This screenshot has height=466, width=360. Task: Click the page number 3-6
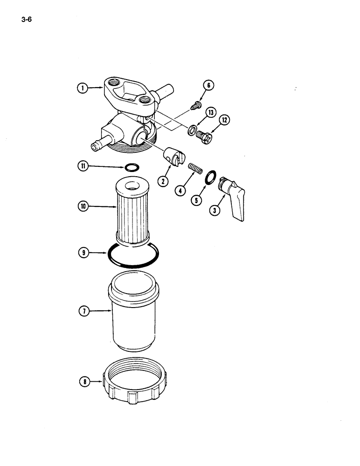26,20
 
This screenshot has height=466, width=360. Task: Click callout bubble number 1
82,87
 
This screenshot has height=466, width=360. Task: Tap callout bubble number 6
208,85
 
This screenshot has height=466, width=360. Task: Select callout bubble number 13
211,113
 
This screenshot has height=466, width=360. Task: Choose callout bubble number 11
83,165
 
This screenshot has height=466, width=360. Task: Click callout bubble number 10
83,206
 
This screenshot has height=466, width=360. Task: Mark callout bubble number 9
83,253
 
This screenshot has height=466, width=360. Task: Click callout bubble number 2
163,181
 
